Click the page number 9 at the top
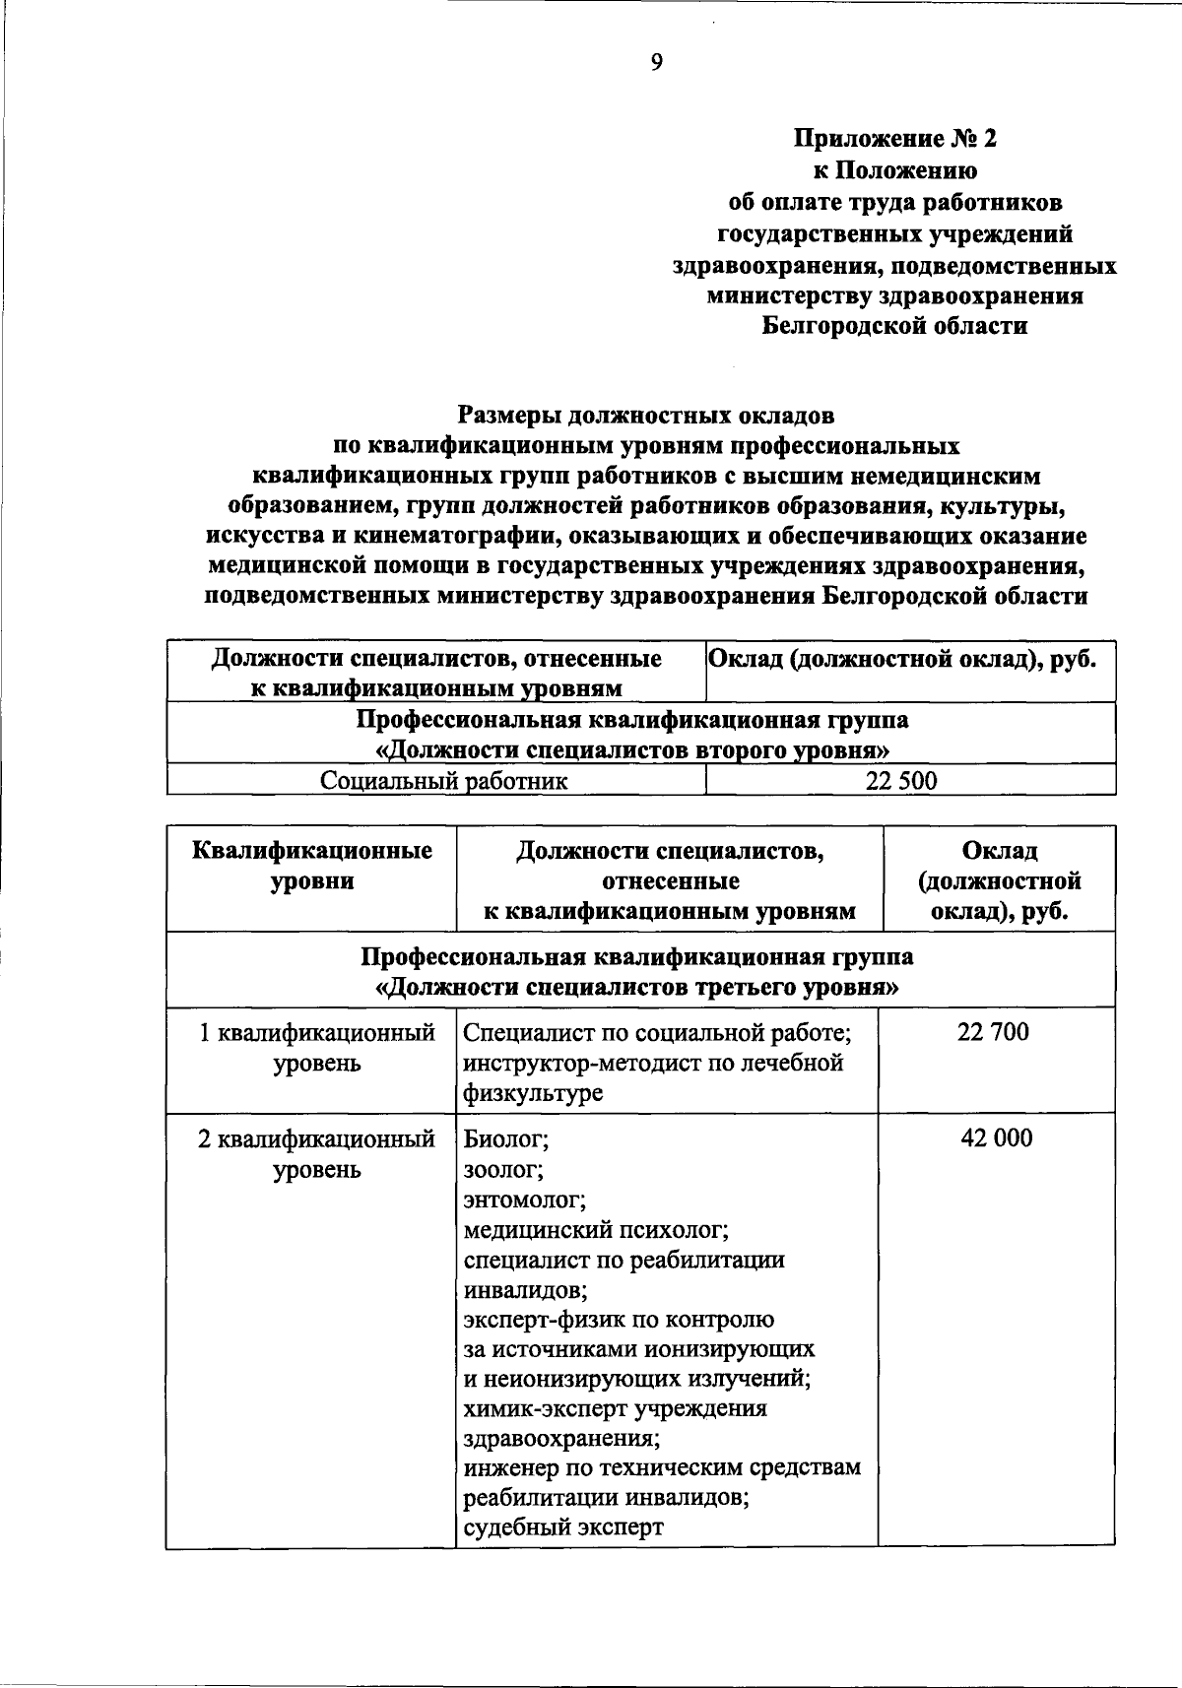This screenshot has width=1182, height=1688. [x=657, y=63]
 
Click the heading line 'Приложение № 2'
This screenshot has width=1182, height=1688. [x=895, y=139]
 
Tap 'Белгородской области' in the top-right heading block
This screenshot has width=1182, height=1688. [x=895, y=326]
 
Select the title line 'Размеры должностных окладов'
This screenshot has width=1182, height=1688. [x=646, y=415]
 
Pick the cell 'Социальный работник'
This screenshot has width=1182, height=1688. [x=444, y=782]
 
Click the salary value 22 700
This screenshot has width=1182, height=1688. [x=992, y=1032]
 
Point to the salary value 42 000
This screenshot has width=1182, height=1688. [x=996, y=1138]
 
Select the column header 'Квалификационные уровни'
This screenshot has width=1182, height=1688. [x=312, y=865]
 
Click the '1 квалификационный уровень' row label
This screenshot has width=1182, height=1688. [x=316, y=1048]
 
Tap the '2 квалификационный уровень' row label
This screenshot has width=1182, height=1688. [x=316, y=1154]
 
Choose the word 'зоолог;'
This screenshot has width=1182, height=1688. [x=503, y=1170]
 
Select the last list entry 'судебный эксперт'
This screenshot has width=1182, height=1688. [x=563, y=1527]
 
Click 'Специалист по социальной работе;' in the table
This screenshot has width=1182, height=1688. [x=656, y=1033]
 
